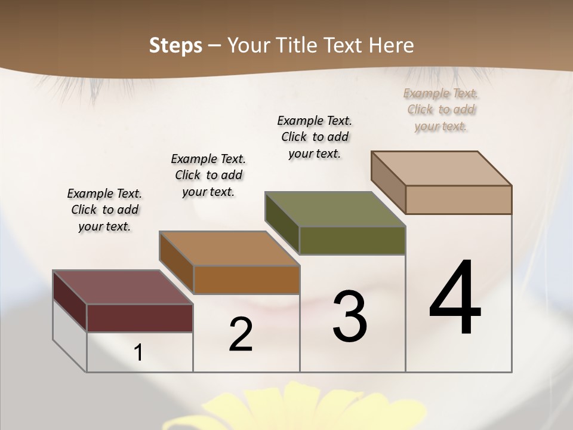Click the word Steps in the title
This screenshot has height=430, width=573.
175,45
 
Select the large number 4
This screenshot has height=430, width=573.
455,299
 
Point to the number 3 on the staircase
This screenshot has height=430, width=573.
350,317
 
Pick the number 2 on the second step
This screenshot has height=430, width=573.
241,334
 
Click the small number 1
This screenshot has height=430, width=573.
138,353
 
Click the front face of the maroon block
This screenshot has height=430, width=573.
140,318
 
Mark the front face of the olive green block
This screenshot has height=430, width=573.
352,240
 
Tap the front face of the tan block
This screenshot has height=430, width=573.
458,199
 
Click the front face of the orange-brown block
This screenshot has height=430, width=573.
247,279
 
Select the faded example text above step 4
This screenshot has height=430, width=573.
441,109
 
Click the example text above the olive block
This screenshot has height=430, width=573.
315,137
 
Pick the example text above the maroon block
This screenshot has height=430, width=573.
104,210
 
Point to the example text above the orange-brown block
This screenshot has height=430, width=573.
208,175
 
